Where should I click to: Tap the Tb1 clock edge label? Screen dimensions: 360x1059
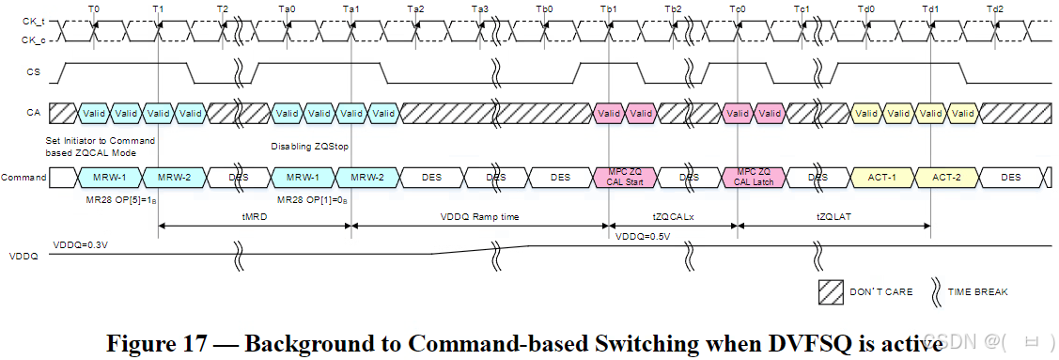[608, 8]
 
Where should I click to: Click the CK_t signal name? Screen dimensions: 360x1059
[33, 21]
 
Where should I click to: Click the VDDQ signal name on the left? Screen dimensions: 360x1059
[23, 256]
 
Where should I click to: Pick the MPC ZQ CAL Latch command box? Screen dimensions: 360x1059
[754, 177]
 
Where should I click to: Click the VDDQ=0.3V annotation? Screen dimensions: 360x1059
[79, 244]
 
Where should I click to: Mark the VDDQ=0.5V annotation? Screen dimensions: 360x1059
[644, 237]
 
